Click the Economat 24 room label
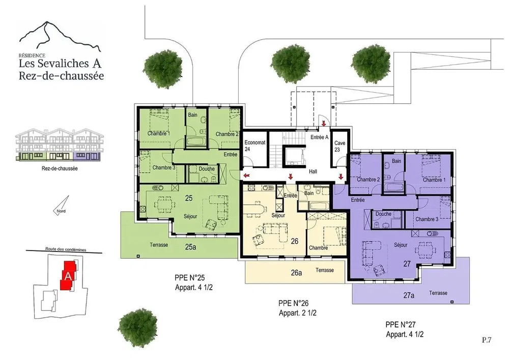click(x=255, y=146)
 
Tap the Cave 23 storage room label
click(x=340, y=146)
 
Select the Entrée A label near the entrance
click(x=319, y=137)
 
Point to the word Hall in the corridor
click(x=313, y=172)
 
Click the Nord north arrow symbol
click(x=61, y=205)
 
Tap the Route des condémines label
click(x=66, y=250)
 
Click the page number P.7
click(x=487, y=340)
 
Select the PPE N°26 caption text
click(x=294, y=303)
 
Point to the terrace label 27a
click(x=409, y=295)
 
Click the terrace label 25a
click(x=190, y=247)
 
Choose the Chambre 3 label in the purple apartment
click(x=427, y=219)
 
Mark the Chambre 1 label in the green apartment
click(x=159, y=133)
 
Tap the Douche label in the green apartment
click(x=207, y=169)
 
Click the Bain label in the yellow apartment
click(x=309, y=193)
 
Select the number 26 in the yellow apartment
click(x=294, y=241)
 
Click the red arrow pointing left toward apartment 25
click(x=247, y=176)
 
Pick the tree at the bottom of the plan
click(x=137, y=328)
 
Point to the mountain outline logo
click(x=60, y=36)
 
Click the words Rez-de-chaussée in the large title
click(x=62, y=76)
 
